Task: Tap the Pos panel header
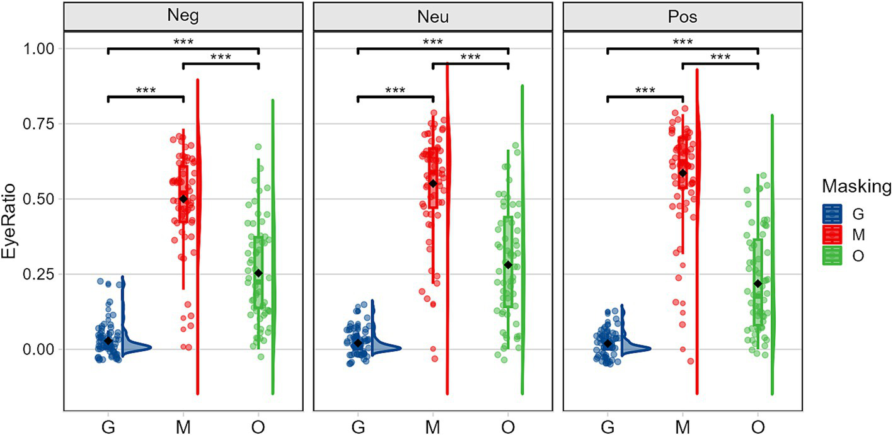click(x=683, y=16)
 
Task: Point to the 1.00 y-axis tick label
click(x=41, y=48)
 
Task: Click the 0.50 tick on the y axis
click(x=41, y=199)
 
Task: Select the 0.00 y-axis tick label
click(x=41, y=349)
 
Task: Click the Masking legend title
click(x=856, y=186)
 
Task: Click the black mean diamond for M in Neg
click(x=183, y=199)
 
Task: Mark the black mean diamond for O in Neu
click(x=508, y=265)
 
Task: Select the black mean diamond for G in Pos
click(x=608, y=344)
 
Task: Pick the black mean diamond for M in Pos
click(x=683, y=173)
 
